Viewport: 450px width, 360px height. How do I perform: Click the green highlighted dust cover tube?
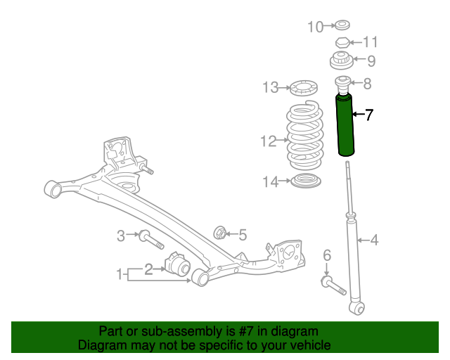[x=345, y=127]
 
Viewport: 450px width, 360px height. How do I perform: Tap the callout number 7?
[x=368, y=115]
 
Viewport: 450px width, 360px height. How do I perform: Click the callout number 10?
[x=316, y=27]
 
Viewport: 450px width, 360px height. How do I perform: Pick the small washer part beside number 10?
[x=342, y=27]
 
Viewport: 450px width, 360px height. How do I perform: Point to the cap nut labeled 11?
[x=342, y=43]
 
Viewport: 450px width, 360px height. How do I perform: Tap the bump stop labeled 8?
[x=343, y=84]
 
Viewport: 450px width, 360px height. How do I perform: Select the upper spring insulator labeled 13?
[x=303, y=89]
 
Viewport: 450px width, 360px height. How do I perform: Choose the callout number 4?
[x=373, y=240]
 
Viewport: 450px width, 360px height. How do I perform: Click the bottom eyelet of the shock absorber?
[x=359, y=307]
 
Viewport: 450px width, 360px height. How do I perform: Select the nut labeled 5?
[x=219, y=233]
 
